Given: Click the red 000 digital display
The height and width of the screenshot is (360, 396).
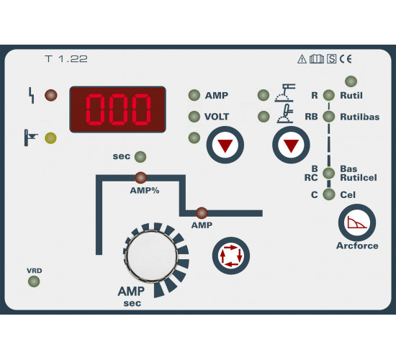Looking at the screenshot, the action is coord(117,109).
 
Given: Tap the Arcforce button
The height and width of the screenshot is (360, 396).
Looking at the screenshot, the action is coord(357,222).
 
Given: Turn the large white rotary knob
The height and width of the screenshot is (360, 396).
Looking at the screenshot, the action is coord(152,256).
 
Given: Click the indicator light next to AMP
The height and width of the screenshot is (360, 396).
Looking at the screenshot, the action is coord(194,95).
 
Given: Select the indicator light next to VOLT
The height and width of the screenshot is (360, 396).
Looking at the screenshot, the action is coord(194,117).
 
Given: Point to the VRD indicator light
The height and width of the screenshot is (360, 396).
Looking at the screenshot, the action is coord(34,282).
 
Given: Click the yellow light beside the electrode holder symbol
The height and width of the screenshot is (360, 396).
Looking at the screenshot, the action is coord(50,138).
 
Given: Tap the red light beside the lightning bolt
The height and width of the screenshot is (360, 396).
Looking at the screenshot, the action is coord(51,95).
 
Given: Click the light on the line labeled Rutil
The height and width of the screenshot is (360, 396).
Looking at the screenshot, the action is coord(329,95).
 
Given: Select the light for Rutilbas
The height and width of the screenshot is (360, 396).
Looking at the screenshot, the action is coord(329,117).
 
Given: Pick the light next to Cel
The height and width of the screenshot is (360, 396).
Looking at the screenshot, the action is coord(329,194).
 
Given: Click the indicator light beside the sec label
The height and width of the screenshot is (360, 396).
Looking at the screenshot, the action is coord(140,157).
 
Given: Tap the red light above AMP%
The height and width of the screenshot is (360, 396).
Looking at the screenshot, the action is coord(140,178).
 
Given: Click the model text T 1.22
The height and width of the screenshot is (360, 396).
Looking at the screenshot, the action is coord(66,59).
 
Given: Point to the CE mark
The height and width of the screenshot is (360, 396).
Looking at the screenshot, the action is coord(346,59).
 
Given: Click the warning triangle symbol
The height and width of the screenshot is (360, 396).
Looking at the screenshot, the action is coord(302,59).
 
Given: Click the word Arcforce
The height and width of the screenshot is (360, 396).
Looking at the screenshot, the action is coord(357,246).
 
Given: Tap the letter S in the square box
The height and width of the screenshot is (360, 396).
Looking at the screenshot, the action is coord(331,59).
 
